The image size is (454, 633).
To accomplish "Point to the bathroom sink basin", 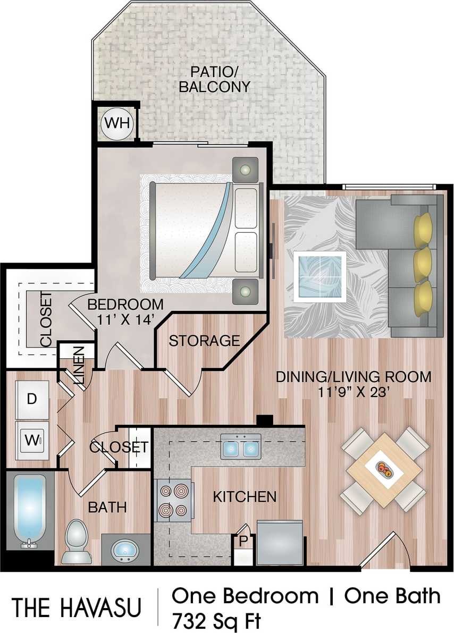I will point(126,549).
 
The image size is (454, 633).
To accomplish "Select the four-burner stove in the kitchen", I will point(174,500).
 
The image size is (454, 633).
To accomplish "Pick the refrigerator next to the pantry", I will point(280,542).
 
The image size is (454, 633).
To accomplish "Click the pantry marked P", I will point(242,542).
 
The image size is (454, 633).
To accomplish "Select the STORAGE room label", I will point(204,341).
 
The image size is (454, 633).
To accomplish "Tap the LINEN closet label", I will point(78,360).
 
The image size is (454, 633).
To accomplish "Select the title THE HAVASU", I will point(77,607).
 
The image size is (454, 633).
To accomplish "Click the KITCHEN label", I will point(245,497).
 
